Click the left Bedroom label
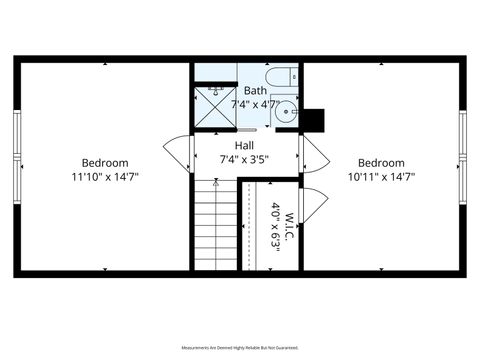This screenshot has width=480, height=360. (x=105, y=163)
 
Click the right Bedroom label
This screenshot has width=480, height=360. (x=381, y=163)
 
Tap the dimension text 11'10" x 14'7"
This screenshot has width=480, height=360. (x=105, y=176)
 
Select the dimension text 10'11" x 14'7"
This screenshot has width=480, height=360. (x=381, y=176)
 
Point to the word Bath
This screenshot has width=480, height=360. (x=255, y=90)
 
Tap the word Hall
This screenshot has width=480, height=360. (x=243, y=145)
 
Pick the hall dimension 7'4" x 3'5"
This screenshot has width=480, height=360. (x=243, y=158)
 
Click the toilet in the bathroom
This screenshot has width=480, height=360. (x=280, y=74)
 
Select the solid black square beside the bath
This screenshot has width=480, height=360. (x=315, y=120)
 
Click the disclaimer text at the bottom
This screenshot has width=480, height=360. (x=240, y=347)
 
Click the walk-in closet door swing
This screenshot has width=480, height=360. (x=309, y=205)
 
